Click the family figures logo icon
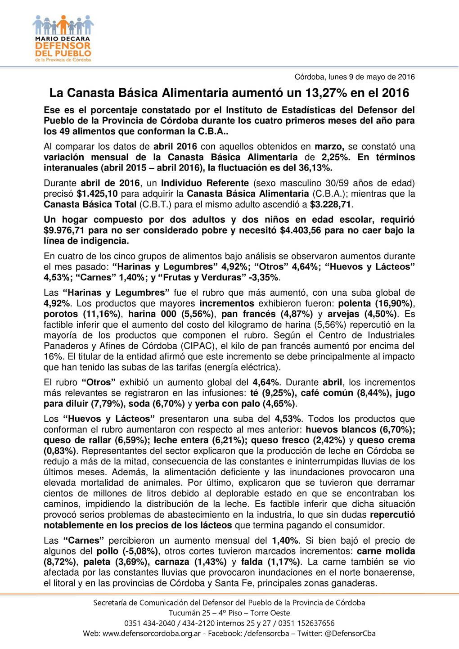pyautogui.click(x=63, y=25)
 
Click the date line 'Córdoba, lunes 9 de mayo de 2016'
pyautogui.click(x=354, y=77)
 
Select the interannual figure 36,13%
pyautogui.click(x=315, y=168)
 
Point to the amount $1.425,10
pyautogui.click(x=97, y=194)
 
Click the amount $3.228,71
pyautogui.click(x=331, y=204)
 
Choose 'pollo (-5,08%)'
pyautogui.click(x=127, y=551)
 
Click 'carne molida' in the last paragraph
pyautogui.click(x=386, y=551)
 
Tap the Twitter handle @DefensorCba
pyautogui.click(x=350, y=634)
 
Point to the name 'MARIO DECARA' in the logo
pyautogui.click(x=63, y=39)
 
